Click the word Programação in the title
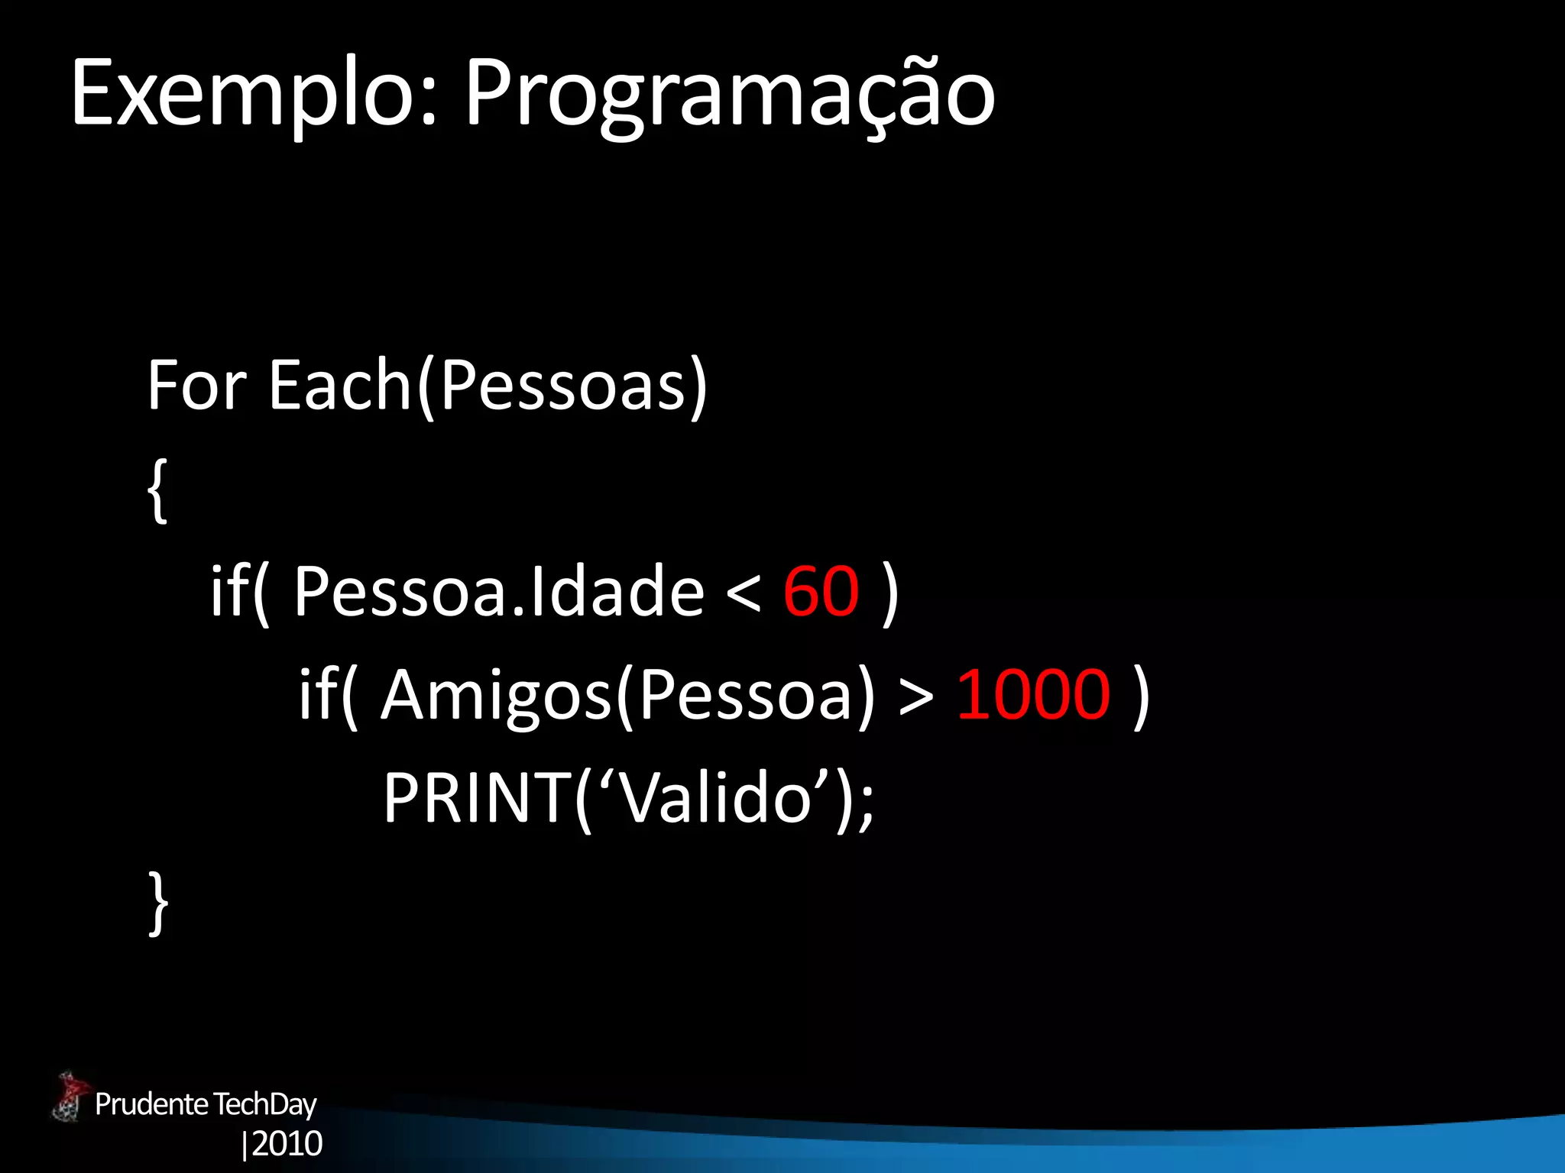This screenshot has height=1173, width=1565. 729,95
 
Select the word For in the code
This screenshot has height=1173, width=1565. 196,385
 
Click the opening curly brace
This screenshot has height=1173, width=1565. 157,490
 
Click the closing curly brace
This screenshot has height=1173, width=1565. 157,903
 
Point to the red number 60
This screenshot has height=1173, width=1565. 821,591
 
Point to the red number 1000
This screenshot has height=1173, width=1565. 1032,694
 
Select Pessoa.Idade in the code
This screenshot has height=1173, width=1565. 498,591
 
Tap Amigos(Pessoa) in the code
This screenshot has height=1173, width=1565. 627,694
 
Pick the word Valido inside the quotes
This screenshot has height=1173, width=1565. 714,798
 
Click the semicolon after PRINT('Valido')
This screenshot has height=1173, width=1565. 865,806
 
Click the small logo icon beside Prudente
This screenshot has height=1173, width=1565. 70,1098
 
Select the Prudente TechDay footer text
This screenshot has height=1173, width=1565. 206,1104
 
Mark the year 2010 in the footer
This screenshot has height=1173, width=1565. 287,1144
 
